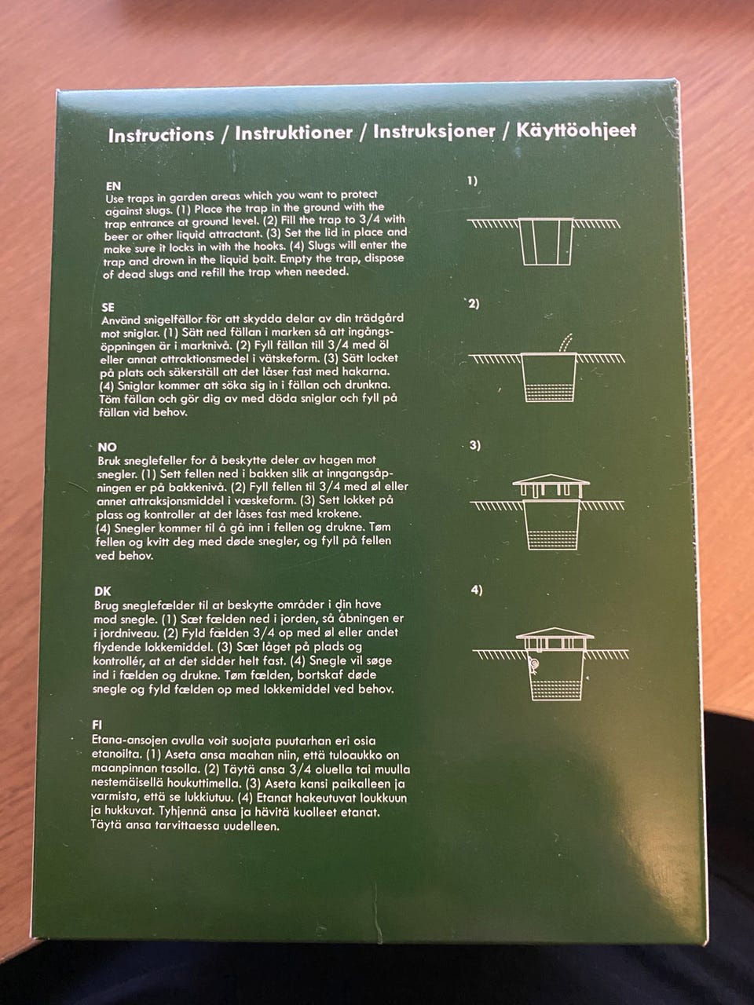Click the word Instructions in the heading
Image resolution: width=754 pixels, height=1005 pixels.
(161, 135)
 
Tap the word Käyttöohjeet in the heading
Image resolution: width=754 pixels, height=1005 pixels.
(576, 130)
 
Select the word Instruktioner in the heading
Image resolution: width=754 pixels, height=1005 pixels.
(294, 133)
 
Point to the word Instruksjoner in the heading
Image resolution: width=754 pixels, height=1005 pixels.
(434, 131)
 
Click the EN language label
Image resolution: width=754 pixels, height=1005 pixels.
(114, 186)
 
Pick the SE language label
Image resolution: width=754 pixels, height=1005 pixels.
(108, 307)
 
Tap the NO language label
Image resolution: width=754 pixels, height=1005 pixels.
(107, 447)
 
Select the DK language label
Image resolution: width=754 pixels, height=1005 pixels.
(103, 591)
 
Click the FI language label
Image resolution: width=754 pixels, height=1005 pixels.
(97, 725)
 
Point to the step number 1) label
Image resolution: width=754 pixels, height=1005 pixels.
(473, 181)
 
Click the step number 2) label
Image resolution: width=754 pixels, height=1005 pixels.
(474, 304)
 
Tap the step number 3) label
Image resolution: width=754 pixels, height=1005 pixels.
(475, 445)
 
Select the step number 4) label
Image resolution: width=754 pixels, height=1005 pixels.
(477, 590)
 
